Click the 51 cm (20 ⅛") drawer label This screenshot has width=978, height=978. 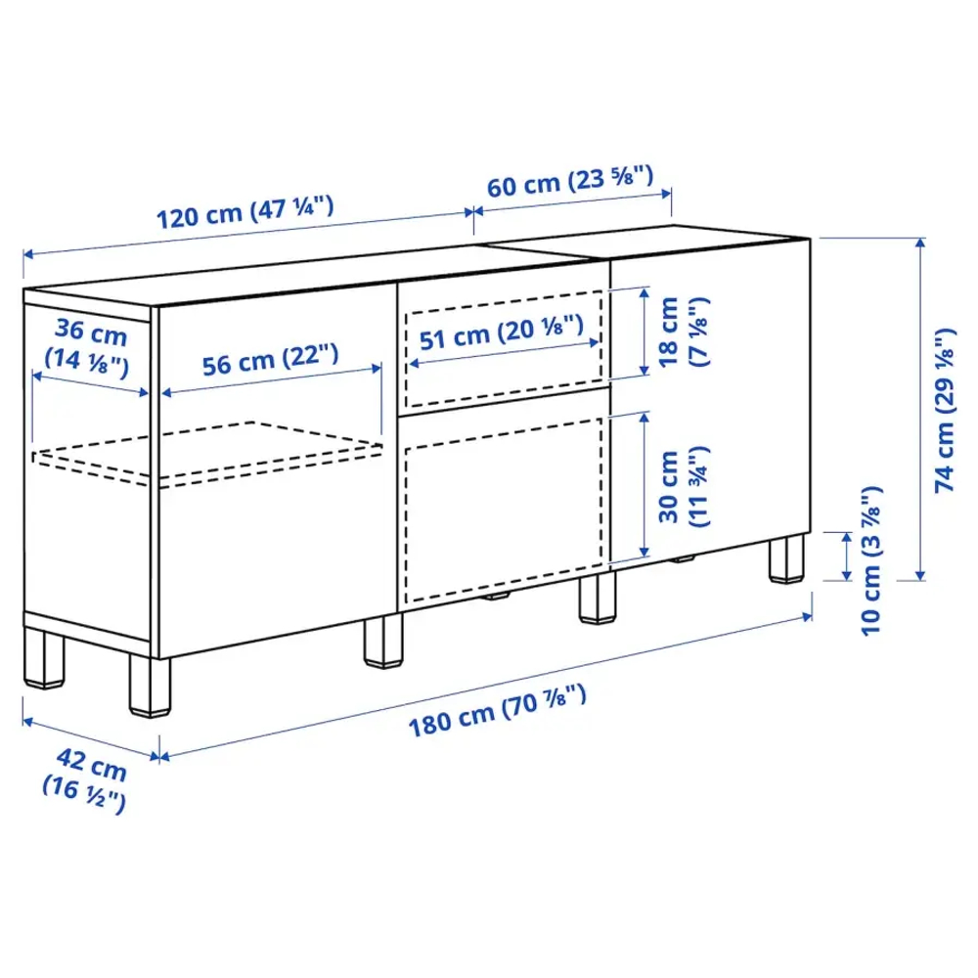(502, 335)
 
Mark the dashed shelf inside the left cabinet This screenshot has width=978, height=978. (210, 452)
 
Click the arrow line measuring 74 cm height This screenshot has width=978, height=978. (920, 408)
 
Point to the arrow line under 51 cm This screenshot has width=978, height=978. (504, 352)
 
